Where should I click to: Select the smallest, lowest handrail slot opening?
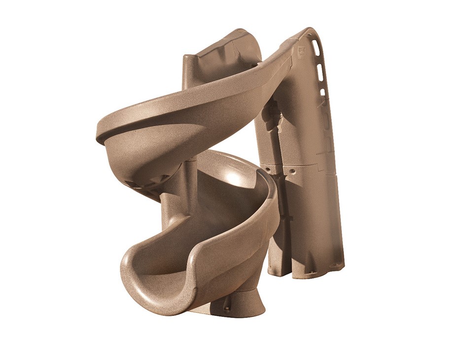[323, 92]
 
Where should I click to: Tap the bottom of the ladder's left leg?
[276, 269]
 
